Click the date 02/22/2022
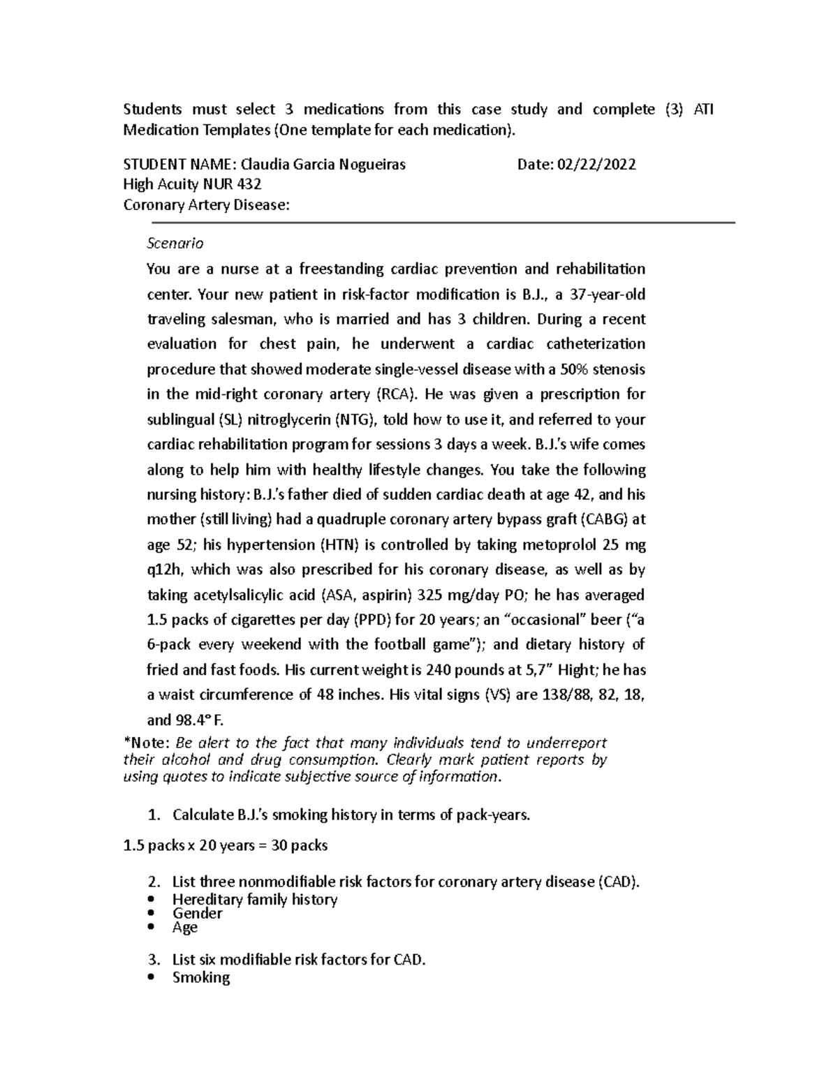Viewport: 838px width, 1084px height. point(596,165)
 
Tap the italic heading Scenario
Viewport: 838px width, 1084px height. point(175,244)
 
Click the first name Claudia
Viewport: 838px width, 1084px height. point(265,165)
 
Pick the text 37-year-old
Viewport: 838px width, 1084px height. point(608,295)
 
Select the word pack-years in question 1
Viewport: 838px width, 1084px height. point(494,815)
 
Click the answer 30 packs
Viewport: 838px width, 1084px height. point(300,846)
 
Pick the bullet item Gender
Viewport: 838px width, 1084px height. point(198,914)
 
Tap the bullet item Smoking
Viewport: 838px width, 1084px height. point(201,977)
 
